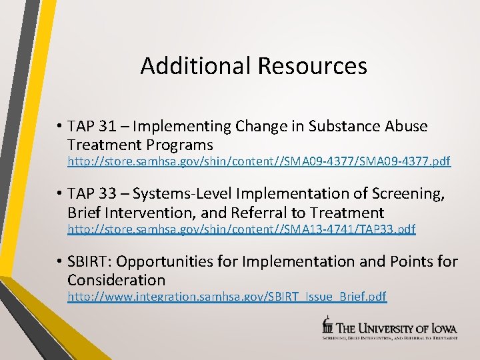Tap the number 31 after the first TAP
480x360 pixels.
click(113, 126)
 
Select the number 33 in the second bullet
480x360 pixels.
click(113, 194)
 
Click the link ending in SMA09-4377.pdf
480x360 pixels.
click(259, 161)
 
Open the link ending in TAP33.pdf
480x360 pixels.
click(241, 229)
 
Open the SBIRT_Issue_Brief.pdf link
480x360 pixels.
click(227, 296)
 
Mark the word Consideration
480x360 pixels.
click(116, 279)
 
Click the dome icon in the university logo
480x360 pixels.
click(327, 325)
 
